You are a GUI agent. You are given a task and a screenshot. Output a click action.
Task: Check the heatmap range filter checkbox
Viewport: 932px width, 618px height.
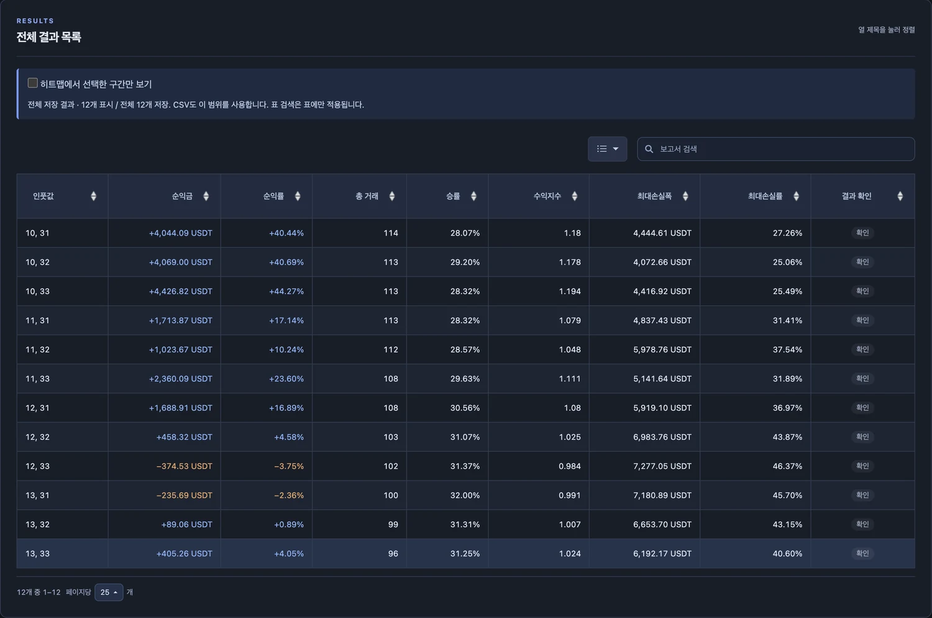[32, 83]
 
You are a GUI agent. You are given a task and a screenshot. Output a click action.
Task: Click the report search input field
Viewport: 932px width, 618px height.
[775, 149]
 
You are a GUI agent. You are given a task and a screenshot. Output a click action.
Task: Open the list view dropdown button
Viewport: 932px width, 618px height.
[607, 149]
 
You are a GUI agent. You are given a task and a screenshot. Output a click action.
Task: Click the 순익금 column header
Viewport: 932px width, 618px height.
[182, 196]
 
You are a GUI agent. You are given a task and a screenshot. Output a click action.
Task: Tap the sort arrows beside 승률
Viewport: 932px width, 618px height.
[473, 196]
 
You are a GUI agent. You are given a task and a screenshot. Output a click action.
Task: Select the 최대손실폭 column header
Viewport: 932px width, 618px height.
[654, 196]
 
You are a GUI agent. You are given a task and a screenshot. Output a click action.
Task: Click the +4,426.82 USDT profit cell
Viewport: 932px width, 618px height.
[181, 291]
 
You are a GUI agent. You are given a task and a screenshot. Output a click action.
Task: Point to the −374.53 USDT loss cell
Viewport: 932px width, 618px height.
[185, 466]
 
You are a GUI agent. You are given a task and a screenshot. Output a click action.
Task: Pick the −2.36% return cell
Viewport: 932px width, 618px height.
[289, 495]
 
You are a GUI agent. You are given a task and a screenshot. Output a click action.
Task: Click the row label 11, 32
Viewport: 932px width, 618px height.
[37, 349]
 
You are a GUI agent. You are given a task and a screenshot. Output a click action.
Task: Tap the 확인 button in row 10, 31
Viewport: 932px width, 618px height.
[862, 233]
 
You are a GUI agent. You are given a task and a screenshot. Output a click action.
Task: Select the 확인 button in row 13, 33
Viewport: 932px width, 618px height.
[862, 553]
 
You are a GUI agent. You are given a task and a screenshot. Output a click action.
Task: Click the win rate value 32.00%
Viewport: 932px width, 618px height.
[465, 495]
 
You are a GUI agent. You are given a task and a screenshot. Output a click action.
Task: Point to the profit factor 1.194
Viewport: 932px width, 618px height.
[570, 291]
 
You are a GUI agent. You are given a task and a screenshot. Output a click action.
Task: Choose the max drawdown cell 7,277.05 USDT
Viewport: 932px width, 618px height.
[662, 466]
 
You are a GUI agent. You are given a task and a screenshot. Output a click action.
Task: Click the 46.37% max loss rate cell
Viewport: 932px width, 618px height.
[787, 466]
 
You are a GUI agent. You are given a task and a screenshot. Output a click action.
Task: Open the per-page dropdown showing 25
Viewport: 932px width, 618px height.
[109, 592]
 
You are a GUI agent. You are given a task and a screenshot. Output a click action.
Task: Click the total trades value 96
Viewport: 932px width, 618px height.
[393, 553]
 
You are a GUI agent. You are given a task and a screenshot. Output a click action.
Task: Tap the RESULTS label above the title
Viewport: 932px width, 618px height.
[35, 21]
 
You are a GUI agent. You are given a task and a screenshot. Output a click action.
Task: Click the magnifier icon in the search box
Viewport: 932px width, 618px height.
[649, 149]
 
